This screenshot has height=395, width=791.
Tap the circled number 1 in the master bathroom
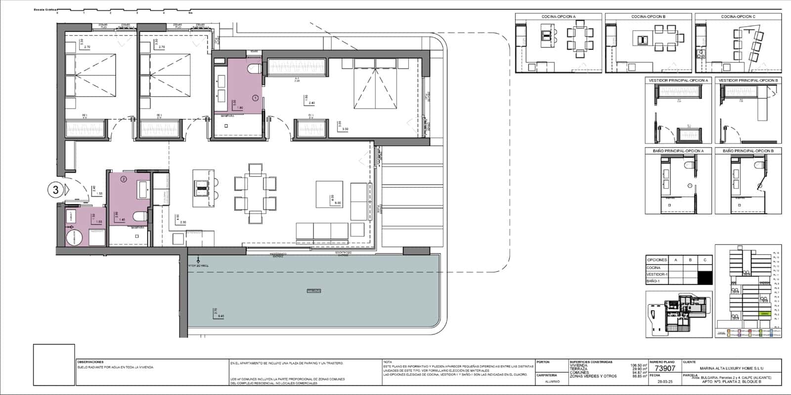[255, 98]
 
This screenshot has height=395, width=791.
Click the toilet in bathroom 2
[141, 216]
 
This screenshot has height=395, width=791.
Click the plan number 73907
[664, 368]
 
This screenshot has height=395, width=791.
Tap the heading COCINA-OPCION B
[648, 17]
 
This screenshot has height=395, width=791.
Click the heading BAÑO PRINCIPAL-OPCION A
[678, 151]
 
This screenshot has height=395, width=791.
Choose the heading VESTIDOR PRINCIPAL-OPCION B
[748, 80]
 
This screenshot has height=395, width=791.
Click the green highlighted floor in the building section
[764, 314]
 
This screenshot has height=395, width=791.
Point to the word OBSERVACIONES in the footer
[90, 362]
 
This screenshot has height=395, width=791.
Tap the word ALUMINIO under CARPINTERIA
[552, 381]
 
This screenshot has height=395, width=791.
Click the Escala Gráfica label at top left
[44, 9]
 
